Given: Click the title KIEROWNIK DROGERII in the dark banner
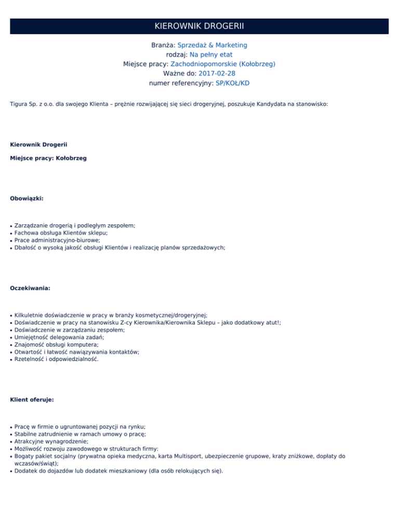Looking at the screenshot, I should (x=199, y=26).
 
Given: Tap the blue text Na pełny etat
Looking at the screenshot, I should (x=211, y=55).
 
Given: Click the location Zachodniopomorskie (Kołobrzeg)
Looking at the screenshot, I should (x=223, y=64).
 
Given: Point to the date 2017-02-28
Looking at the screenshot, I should (x=217, y=73).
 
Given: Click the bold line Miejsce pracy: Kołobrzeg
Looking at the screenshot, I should (x=48, y=158).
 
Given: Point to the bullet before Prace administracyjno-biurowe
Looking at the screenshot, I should (x=11, y=241).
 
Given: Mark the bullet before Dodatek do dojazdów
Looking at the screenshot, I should (x=11, y=472).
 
